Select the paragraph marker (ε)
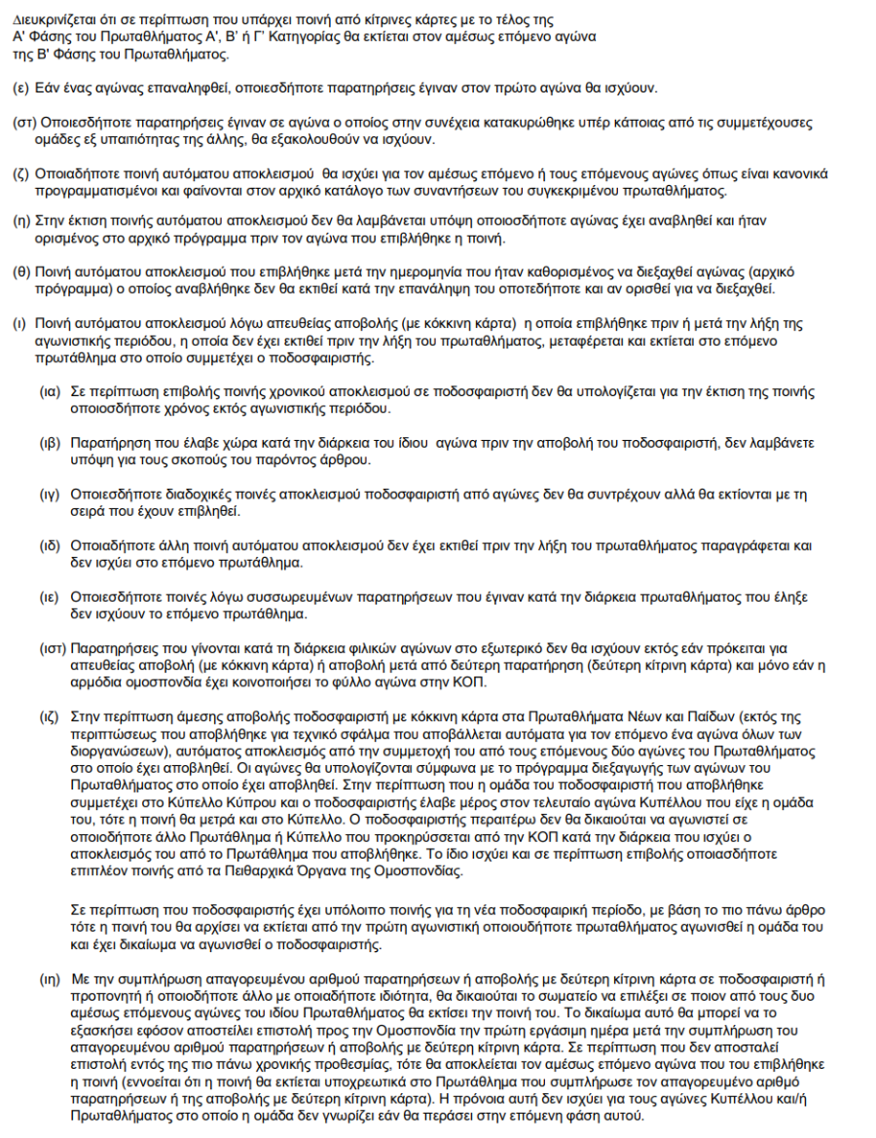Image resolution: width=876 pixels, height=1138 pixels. coord(19,89)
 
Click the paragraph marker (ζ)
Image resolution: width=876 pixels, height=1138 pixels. coord(19,173)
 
